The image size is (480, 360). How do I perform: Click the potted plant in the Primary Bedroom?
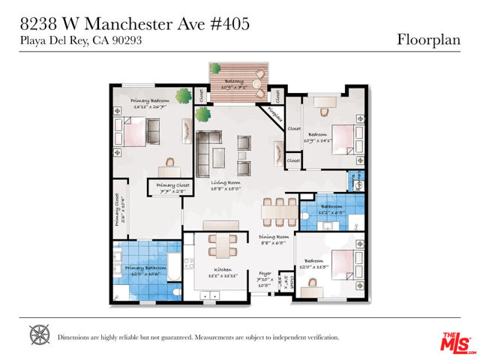coord(183,97)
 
